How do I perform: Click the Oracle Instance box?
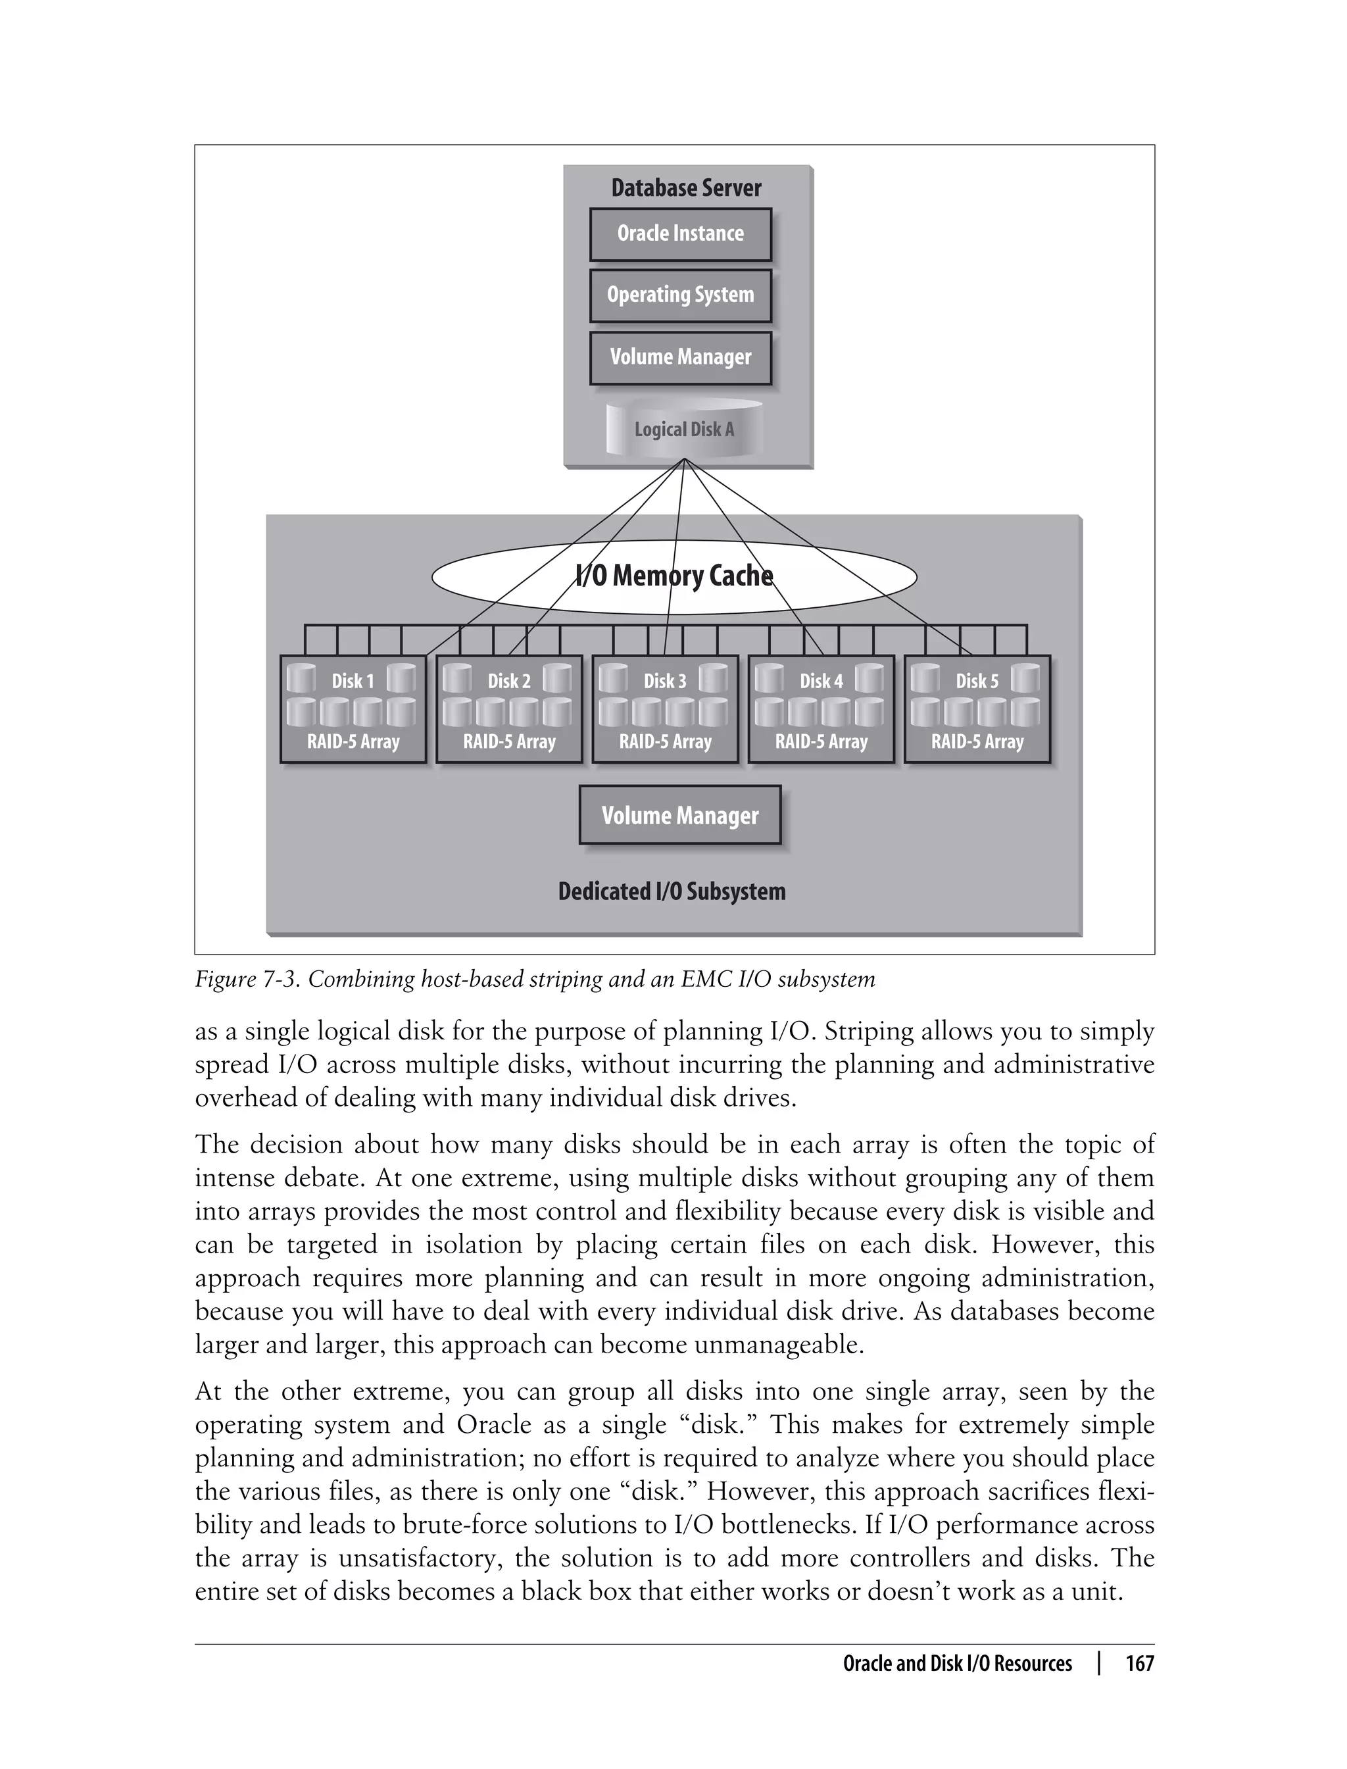click(680, 234)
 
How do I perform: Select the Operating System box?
click(680, 295)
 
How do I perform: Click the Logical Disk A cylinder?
click(684, 430)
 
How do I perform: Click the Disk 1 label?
click(353, 681)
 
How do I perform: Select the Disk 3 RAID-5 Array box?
click(665, 710)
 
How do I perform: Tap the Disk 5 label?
click(977, 681)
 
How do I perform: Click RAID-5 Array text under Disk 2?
click(509, 742)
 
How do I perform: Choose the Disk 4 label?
click(821, 681)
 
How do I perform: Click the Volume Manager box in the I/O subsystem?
click(680, 816)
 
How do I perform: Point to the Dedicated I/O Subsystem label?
click(672, 891)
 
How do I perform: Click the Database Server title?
click(687, 187)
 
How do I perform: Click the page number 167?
click(1139, 1664)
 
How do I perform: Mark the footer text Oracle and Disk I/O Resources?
click(958, 1664)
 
